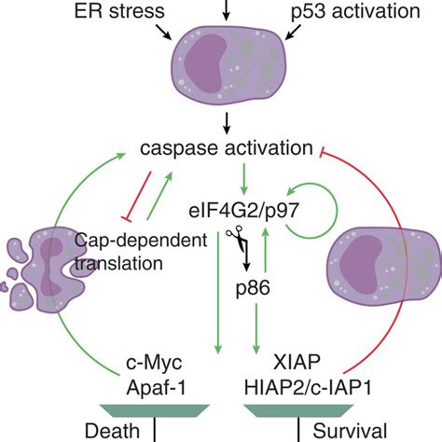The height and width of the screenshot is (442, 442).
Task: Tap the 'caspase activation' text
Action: point(225,148)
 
